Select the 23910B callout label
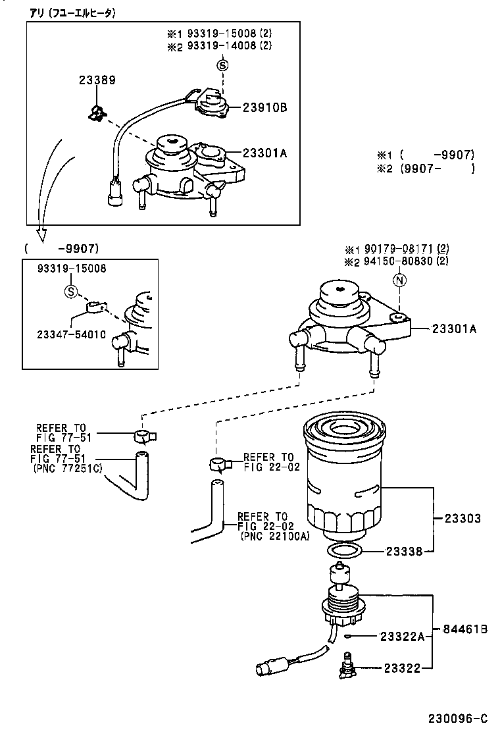266,107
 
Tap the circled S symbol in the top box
222,65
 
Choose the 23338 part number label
404,552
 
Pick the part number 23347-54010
71,334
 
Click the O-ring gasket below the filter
344,550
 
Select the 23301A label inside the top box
266,153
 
